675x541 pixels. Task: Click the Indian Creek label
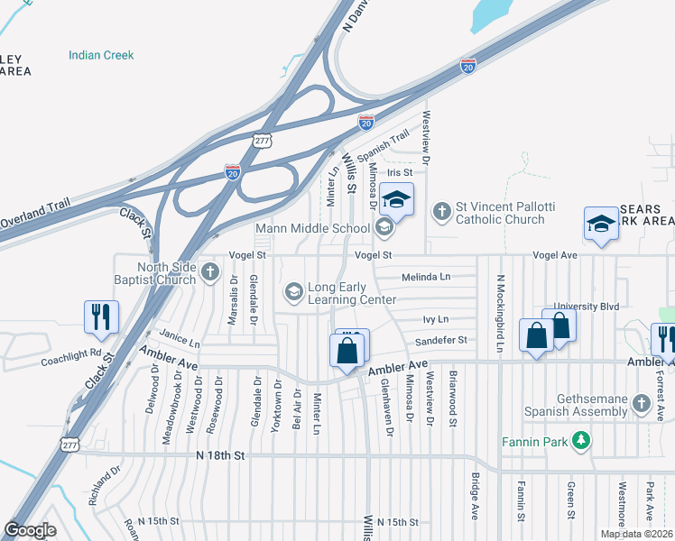click(x=101, y=55)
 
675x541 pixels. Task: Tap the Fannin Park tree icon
click(x=583, y=440)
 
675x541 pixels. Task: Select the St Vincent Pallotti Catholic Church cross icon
click(x=441, y=212)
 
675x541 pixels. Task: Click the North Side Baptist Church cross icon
click(x=209, y=270)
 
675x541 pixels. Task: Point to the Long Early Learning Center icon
click(x=293, y=291)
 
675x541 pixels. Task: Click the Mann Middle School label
click(x=312, y=228)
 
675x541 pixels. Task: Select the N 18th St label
click(x=221, y=456)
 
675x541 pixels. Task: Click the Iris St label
click(x=399, y=172)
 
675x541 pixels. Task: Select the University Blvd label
click(x=587, y=307)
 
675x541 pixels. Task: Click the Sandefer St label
click(x=440, y=340)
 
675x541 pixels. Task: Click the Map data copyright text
click(x=636, y=534)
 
